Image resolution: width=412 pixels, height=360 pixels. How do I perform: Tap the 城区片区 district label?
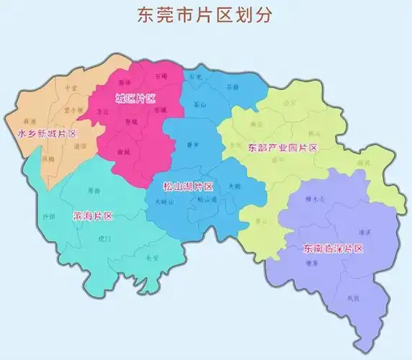pos(135,97)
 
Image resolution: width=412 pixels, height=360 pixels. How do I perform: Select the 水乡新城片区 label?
pos(46,134)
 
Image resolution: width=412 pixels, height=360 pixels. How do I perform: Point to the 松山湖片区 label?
pos(188,186)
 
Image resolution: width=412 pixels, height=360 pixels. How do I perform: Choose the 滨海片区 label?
pos(94,216)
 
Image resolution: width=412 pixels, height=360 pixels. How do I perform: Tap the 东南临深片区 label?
pos(332,249)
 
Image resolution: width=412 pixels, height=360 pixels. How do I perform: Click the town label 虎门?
pos(104,238)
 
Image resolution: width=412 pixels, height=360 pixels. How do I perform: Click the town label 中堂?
pos(70,88)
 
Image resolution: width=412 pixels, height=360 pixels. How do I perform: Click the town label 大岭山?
pos(165,202)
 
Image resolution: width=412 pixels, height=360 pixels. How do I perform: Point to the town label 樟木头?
pos(314,199)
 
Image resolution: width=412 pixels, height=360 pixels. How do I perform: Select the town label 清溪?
pos(364,233)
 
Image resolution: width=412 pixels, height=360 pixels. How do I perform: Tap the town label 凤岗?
pos(351,297)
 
